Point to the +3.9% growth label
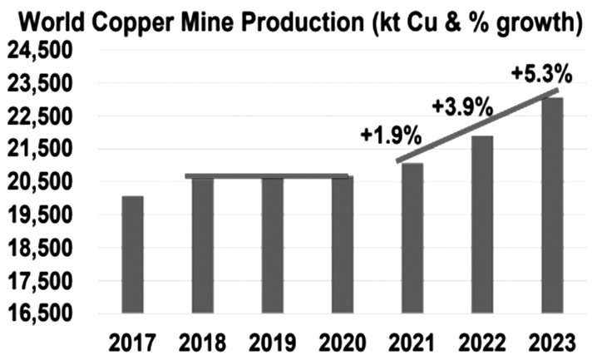(x=462, y=106)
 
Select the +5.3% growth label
(x=540, y=73)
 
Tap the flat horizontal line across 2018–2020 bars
(x=266, y=176)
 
